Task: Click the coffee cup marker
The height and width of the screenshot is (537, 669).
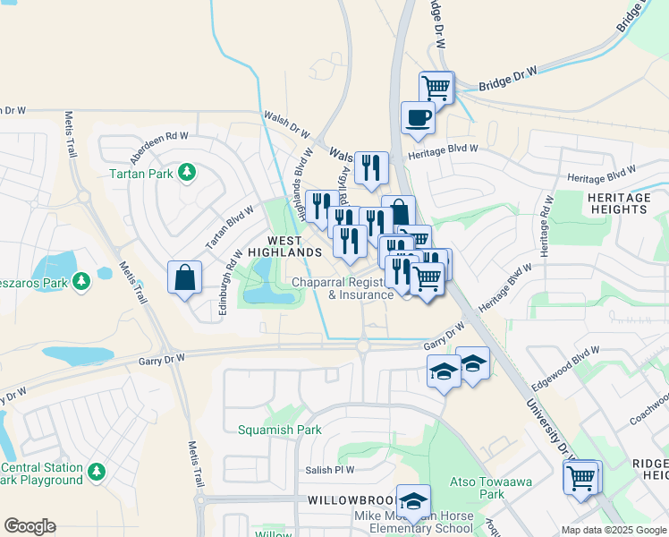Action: [418, 118]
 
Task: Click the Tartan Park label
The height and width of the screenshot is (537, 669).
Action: [140, 174]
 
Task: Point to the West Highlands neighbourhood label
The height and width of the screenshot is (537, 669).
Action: [294, 247]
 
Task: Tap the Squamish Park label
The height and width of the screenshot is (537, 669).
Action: [279, 430]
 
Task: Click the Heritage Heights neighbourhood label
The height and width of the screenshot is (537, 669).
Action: [618, 203]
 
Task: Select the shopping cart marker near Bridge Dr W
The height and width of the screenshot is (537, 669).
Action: [436, 87]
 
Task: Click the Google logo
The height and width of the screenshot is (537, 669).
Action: [30, 526]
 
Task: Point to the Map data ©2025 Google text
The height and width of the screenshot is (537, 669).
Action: [614, 530]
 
